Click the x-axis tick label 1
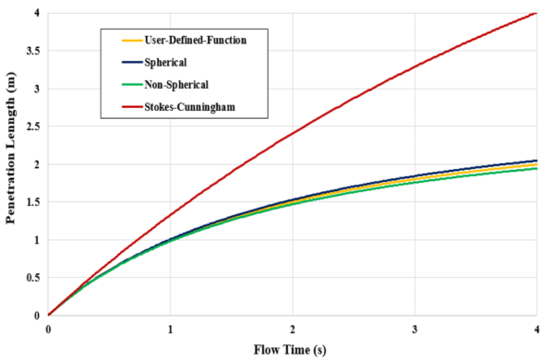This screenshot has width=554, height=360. pos(170,328)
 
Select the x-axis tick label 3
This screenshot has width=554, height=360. pos(415,328)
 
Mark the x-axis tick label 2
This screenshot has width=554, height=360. pos(293,328)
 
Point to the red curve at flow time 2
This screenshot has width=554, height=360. pos(293,133)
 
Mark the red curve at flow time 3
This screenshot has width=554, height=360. pos(415,66)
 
